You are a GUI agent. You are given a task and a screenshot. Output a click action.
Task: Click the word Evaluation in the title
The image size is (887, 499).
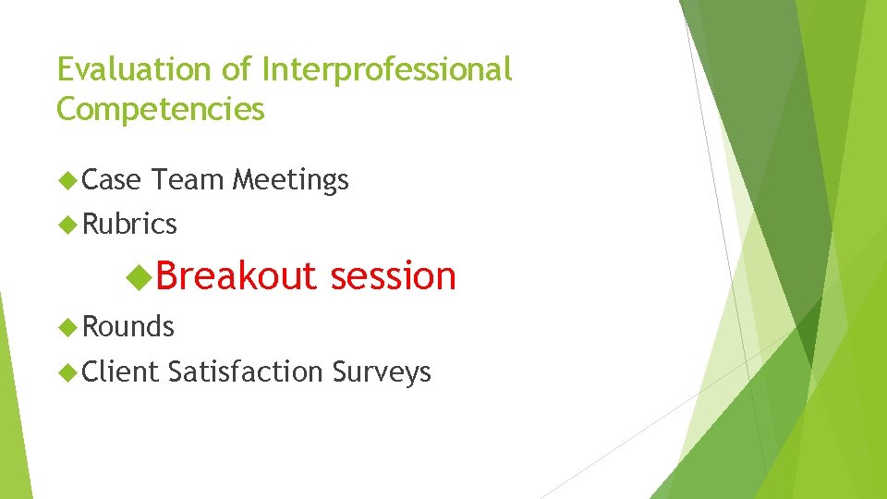(x=136, y=69)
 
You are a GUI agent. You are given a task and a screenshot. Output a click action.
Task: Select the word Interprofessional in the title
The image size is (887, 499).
(x=387, y=69)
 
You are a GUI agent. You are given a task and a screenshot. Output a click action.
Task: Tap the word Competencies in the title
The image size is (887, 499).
(x=161, y=110)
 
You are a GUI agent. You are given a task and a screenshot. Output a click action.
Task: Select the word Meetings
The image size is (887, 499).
(x=290, y=179)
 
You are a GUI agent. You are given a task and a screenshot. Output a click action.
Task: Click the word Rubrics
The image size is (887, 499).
(x=129, y=224)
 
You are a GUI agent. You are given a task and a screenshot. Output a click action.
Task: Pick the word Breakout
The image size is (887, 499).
(x=236, y=275)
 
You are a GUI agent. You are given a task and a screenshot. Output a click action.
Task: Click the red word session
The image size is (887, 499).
(x=394, y=275)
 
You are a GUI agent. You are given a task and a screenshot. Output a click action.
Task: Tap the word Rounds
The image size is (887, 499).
(x=128, y=326)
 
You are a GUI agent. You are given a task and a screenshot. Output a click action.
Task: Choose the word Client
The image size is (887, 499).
(x=121, y=371)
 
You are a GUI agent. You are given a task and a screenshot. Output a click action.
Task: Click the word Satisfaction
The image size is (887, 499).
(x=246, y=371)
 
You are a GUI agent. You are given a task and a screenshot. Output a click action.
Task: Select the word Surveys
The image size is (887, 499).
(x=381, y=371)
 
